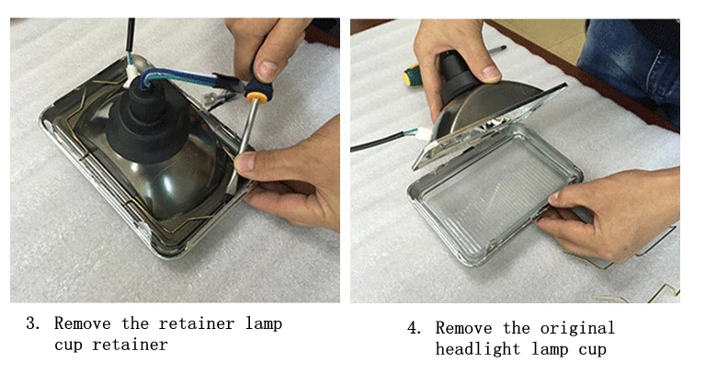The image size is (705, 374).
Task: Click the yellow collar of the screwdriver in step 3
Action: click(x=255, y=96)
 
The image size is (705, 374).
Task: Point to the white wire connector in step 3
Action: click(x=131, y=72)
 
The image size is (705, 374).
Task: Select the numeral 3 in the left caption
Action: click(x=31, y=323)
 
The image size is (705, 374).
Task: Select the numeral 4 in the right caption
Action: click(x=413, y=328)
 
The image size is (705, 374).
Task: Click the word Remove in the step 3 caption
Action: click(x=83, y=323)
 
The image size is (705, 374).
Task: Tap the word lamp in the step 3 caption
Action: click(x=264, y=324)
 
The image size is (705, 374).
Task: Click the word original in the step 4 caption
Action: click(x=577, y=329)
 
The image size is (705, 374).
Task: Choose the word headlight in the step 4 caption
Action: click(x=477, y=349)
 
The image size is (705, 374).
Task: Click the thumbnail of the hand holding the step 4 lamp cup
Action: click(x=490, y=73)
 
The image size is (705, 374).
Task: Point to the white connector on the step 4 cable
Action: click(x=424, y=133)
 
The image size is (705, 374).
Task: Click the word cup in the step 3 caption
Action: click(x=69, y=346)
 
